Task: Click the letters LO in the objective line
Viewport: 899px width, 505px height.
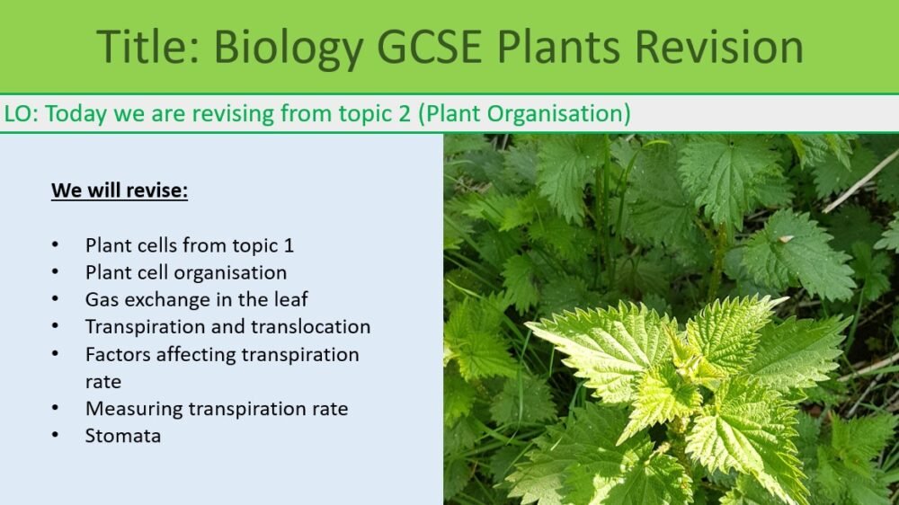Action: (x=16, y=114)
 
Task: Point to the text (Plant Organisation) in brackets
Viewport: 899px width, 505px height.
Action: (x=524, y=114)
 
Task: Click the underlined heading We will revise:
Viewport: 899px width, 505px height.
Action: (x=120, y=190)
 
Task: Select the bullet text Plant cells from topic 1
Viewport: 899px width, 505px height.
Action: (x=190, y=244)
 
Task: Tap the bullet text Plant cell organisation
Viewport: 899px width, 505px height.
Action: (x=186, y=272)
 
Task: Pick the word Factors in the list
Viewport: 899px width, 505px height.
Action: (x=118, y=354)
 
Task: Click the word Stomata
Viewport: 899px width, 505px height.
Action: (x=123, y=436)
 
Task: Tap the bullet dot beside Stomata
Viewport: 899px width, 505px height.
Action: (x=57, y=436)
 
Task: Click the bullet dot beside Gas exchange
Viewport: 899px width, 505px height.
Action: (x=57, y=299)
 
